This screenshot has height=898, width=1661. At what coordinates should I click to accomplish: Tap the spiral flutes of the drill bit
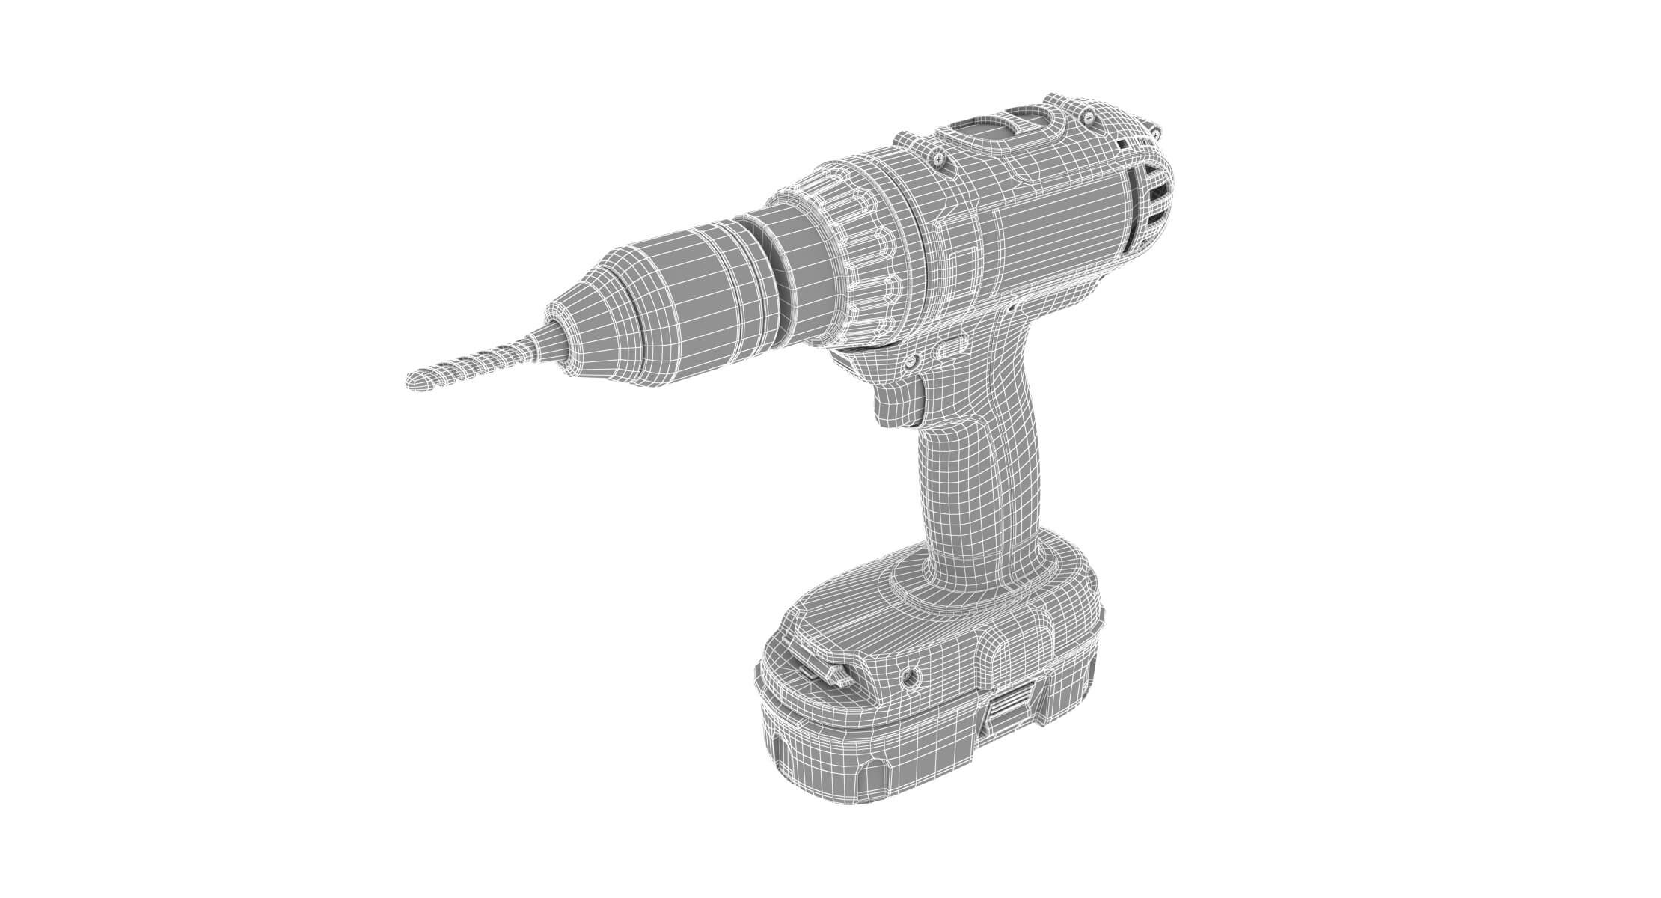(x=479, y=360)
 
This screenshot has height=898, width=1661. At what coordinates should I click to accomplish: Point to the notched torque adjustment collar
(x=868, y=254)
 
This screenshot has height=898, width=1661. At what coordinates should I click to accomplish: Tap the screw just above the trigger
(x=911, y=362)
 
